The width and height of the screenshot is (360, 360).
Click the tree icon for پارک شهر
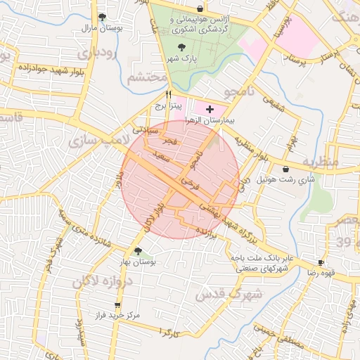point(183,48)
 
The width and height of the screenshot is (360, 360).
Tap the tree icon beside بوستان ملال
point(103,18)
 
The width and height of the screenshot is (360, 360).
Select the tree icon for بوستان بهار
point(138,250)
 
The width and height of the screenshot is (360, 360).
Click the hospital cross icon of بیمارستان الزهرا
point(209,110)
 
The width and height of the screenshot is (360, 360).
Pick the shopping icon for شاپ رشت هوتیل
point(285,169)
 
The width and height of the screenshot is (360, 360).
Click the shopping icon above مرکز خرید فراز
point(117,305)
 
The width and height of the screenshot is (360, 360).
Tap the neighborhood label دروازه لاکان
point(101,281)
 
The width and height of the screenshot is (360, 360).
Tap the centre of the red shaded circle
point(181,179)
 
